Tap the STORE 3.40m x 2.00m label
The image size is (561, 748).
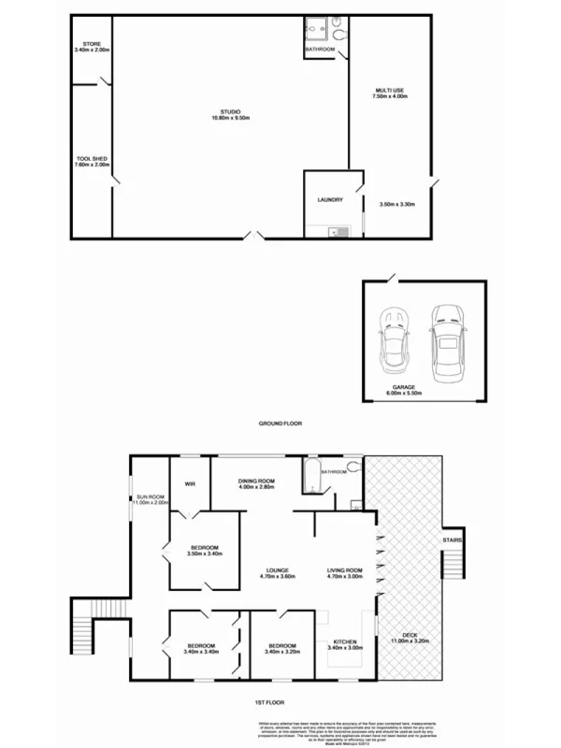[92, 47]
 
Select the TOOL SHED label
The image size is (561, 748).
[92, 161]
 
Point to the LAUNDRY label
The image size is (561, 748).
[330, 199]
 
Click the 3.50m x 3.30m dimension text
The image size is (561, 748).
[396, 204]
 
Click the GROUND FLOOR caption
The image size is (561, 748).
[280, 424]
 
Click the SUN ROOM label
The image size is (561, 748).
[150, 499]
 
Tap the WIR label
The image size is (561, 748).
[190, 483]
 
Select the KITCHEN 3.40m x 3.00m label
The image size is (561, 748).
[345, 645]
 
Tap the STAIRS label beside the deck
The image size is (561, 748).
[453, 539]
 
